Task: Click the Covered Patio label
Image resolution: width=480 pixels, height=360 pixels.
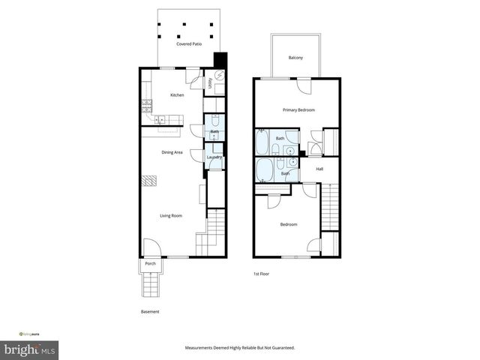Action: pos(189,44)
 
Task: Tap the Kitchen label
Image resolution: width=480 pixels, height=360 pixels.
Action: pos(177,95)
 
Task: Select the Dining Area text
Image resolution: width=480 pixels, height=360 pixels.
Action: pos(172,152)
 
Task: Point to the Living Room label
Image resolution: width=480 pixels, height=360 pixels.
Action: pos(171,216)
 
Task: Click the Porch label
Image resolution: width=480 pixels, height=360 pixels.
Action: pos(150,264)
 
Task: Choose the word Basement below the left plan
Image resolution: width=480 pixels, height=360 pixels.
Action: pos(150,312)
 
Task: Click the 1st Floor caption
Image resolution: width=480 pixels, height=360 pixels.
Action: pos(261,274)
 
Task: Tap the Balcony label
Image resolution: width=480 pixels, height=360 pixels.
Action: pos(295,58)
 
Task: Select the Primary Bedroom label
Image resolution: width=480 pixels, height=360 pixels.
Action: pos(298,110)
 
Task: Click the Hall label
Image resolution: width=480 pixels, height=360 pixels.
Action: pos(319,169)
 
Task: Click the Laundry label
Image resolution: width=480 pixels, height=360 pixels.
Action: pos(214,157)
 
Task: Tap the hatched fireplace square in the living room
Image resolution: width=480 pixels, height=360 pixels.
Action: pos(150,181)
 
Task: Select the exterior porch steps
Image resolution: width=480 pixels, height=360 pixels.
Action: pos(150,283)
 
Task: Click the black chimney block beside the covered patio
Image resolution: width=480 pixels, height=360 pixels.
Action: pos(220,61)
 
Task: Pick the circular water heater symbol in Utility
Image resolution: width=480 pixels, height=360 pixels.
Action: pos(220,75)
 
